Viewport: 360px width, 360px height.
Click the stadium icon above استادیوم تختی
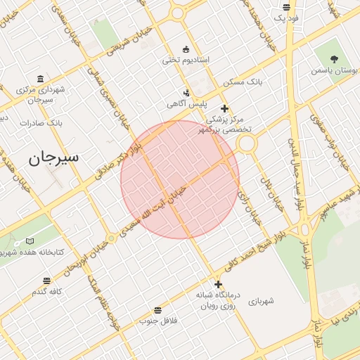point(186,49)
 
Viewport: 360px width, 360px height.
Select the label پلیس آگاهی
point(181,104)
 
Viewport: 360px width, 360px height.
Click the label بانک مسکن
point(243,82)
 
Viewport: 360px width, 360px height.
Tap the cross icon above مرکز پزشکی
point(224,108)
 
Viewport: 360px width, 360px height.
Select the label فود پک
point(286,18)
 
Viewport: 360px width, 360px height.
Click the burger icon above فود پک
point(286,7)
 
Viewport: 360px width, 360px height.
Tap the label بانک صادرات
point(41,122)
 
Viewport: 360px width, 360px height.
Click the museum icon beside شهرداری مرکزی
point(40,78)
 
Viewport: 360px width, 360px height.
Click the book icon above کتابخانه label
point(30,241)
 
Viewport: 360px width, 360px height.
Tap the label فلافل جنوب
point(157,321)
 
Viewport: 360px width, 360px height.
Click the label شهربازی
point(261,301)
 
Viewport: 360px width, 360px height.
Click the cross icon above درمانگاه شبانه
point(218,285)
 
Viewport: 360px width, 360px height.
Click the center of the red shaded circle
point(180,179)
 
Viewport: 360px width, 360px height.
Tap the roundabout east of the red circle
point(246,144)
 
